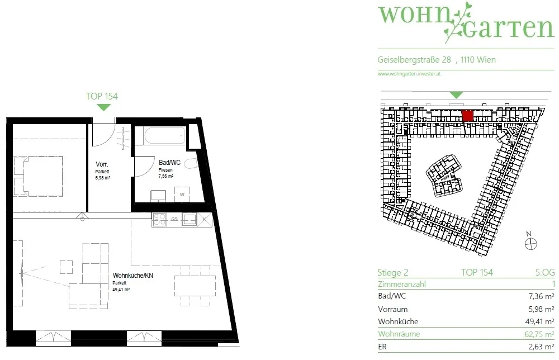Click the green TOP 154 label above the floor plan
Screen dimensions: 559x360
click(102, 96)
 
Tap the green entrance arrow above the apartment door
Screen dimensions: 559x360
click(104, 107)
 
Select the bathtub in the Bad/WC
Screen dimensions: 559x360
click(165, 136)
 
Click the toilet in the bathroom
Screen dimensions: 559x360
click(191, 164)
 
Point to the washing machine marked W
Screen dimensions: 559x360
click(182, 195)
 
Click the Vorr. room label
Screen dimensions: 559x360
click(102, 164)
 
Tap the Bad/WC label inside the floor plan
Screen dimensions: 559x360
click(169, 163)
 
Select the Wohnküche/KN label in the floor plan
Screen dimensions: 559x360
click(132, 276)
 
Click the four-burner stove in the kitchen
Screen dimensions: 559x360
click(159, 220)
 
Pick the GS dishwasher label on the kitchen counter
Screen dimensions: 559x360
click(174, 219)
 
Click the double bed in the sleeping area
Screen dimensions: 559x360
click(39, 176)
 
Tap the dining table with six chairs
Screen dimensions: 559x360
click(195, 286)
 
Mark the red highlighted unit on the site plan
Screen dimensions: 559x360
click(467, 116)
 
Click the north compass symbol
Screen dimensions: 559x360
click(531, 244)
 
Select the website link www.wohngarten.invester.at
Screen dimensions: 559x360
click(409, 74)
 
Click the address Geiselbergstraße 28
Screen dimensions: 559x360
click(414, 60)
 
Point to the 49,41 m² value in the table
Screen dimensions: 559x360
click(539, 321)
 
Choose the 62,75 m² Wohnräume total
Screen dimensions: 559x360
click(539, 334)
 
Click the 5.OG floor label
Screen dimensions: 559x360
click(544, 272)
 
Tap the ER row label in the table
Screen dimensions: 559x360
click(382, 347)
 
